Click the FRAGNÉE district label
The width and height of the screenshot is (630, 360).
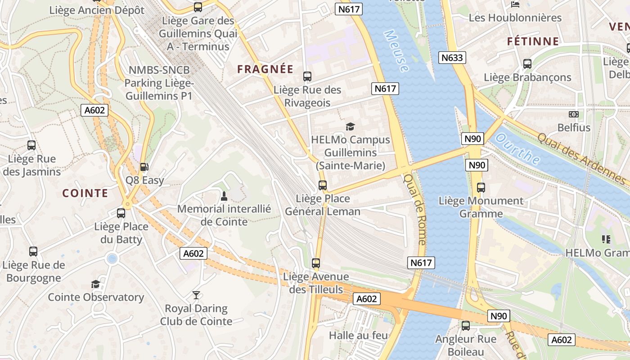265,69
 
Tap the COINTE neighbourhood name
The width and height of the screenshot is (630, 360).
85,193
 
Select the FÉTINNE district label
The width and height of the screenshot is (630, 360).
533,41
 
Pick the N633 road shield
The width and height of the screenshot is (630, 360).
452,58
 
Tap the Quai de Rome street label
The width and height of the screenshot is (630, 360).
414,210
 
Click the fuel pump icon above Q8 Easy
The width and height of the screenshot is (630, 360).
144,167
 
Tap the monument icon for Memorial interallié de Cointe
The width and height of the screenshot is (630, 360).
224,196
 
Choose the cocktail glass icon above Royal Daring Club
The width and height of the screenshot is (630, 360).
196,295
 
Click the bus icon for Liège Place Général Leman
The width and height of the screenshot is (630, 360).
322,185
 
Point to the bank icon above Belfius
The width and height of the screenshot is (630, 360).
574,114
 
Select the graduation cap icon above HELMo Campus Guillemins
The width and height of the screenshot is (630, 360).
350,127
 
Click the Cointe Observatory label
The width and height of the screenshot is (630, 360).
96,297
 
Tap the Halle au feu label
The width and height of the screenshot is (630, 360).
358,335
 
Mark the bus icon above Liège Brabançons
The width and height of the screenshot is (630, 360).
527,64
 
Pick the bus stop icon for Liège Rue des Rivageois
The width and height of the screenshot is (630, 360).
307,76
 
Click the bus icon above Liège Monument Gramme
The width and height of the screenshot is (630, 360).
481,187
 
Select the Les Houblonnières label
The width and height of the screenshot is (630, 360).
515,18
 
